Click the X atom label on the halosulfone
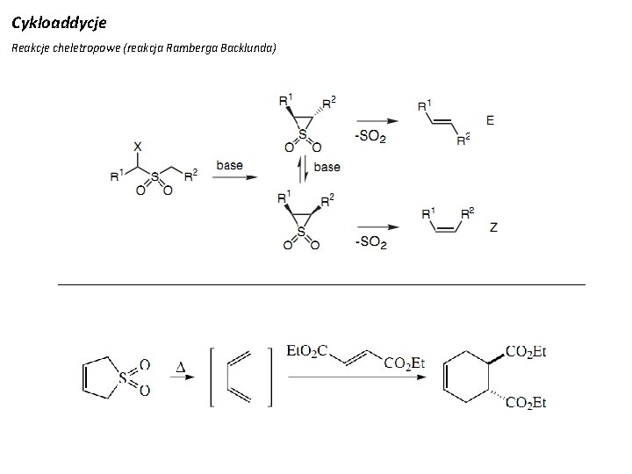(138, 147)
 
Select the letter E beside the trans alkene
(490, 119)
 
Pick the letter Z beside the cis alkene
(494, 226)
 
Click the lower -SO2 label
(370, 242)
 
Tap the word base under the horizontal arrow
(229, 165)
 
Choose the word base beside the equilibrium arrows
(327, 167)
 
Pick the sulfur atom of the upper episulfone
(302, 135)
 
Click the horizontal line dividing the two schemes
(320, 284)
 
